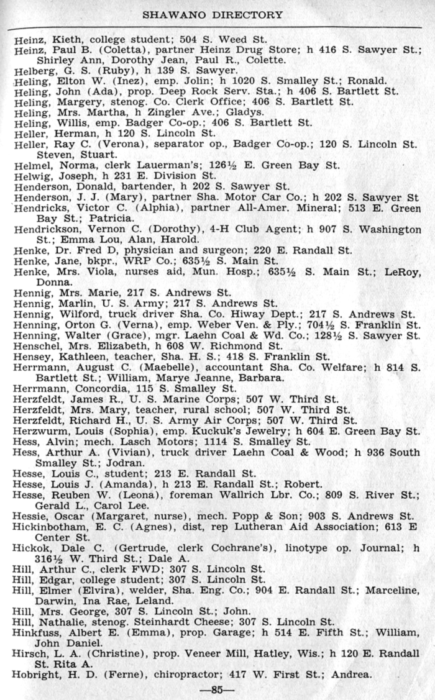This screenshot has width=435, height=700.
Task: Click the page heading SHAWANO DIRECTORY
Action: coord(213,14)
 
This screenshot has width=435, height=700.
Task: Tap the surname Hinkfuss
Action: coord(35,632)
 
